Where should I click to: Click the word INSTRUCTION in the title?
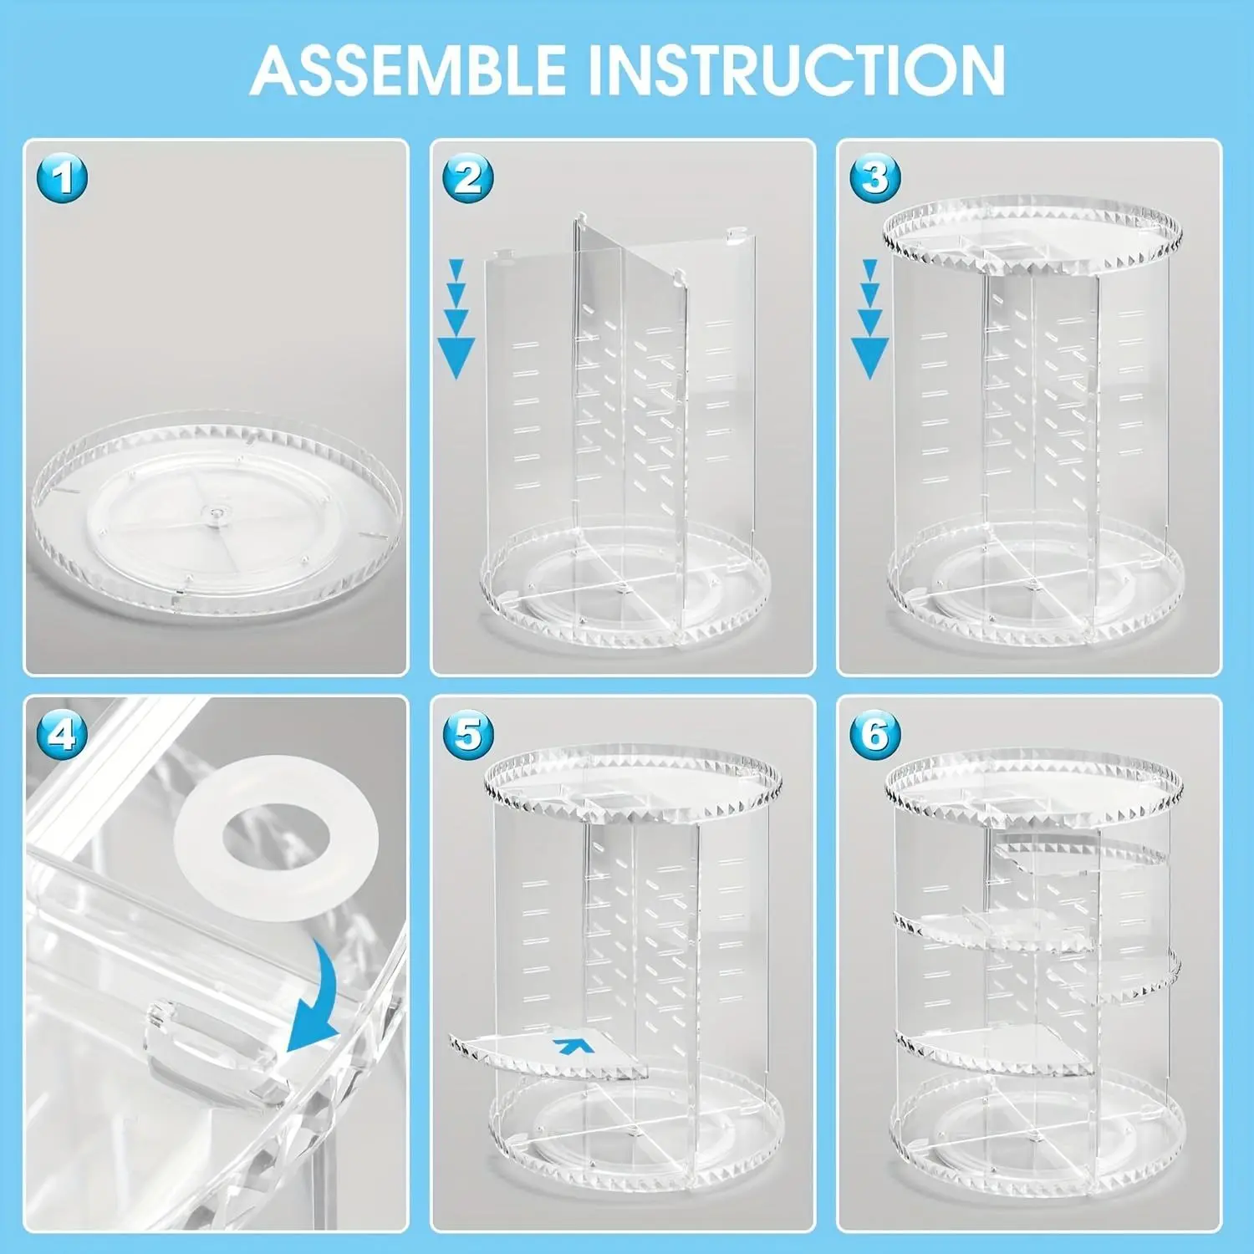tap(796, 70)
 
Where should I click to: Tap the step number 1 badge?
tap(63, 178)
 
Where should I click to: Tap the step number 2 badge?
tap(468, 178)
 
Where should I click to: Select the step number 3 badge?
tap(875, 178)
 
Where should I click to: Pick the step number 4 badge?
tap(63, 735)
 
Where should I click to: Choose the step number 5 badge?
tap(468, 735)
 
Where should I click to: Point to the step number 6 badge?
tap(875, 735)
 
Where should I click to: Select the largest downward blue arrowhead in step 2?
tap(456, 358)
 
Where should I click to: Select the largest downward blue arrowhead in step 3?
tap(870, 358)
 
